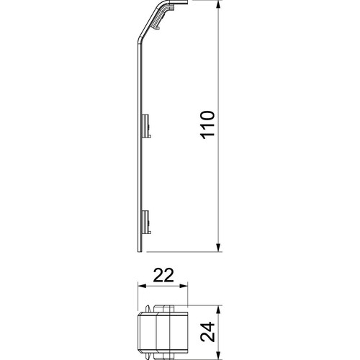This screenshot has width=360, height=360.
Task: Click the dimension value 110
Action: [207, 127]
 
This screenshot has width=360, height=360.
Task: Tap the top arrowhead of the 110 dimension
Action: [217, 6]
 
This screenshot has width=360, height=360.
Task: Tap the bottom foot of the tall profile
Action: [139, 248]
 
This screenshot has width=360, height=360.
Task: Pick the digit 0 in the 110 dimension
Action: [207, 117]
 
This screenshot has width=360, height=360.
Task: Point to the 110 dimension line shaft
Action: [217, 180]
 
